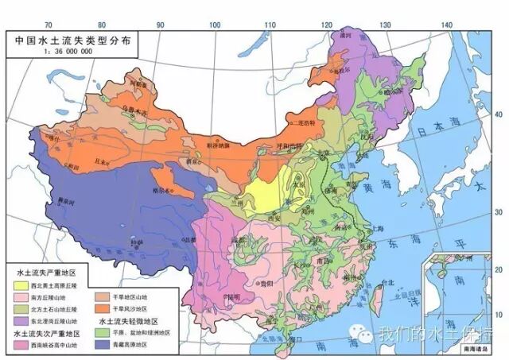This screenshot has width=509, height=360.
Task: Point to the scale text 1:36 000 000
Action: pyautogui.click(x=38, y=49)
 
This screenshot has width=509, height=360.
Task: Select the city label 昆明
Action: pyautogui.click(x=233, y=296)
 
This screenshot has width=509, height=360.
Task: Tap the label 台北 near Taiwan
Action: pyautogui.click(x=387, y=281)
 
